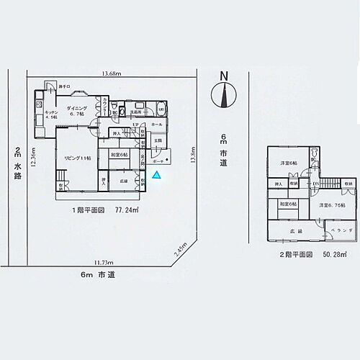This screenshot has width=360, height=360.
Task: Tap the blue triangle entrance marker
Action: click(x=157, y=175)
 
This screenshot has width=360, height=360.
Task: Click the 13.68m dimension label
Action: click(x=112, y=74)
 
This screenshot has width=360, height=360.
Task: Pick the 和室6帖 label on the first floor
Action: click(x=120, y=154)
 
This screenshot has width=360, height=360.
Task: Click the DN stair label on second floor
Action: click(x=315, y=184)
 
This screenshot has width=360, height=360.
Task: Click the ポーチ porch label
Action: click(x=158, y=161)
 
